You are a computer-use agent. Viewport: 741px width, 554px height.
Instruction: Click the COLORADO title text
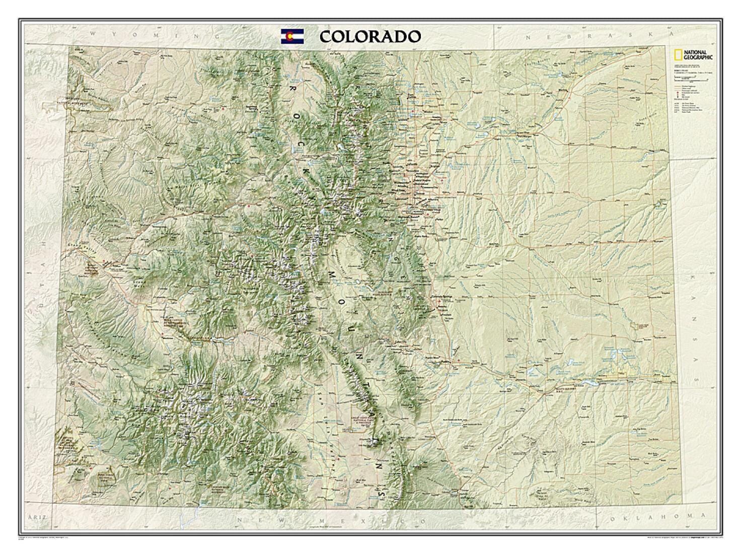coord(369,37)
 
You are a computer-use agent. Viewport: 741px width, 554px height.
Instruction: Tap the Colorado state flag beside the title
coord(292,37)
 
